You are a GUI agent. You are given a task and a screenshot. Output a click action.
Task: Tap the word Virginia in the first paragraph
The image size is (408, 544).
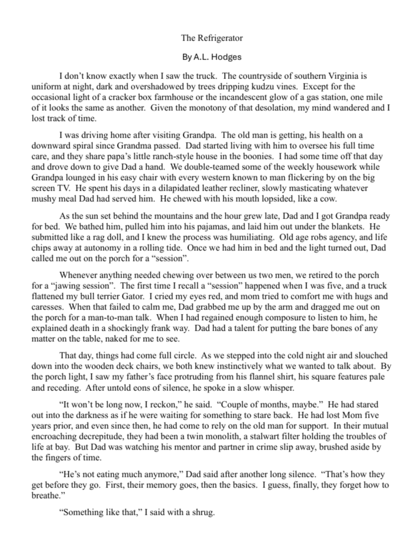344,75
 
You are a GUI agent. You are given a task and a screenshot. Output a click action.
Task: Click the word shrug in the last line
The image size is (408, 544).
202,513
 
